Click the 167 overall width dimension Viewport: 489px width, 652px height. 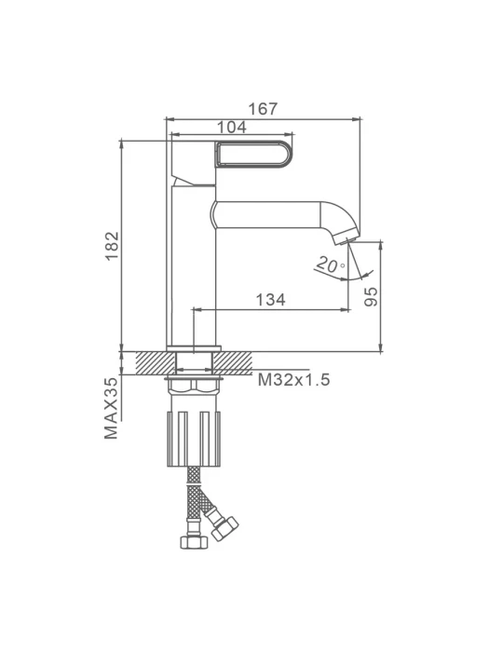(263, 109)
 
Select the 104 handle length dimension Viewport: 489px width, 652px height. (232, 128)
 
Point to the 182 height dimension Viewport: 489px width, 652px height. (113, 246)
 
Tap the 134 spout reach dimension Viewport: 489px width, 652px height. (270, 299)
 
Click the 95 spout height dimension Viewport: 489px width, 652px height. (372, 296)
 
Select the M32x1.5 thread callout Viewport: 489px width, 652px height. (294, 379)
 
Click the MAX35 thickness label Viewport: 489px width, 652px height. (111, 408)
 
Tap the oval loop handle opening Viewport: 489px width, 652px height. (254, 155)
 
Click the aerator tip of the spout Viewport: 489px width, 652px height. (346, 239)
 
